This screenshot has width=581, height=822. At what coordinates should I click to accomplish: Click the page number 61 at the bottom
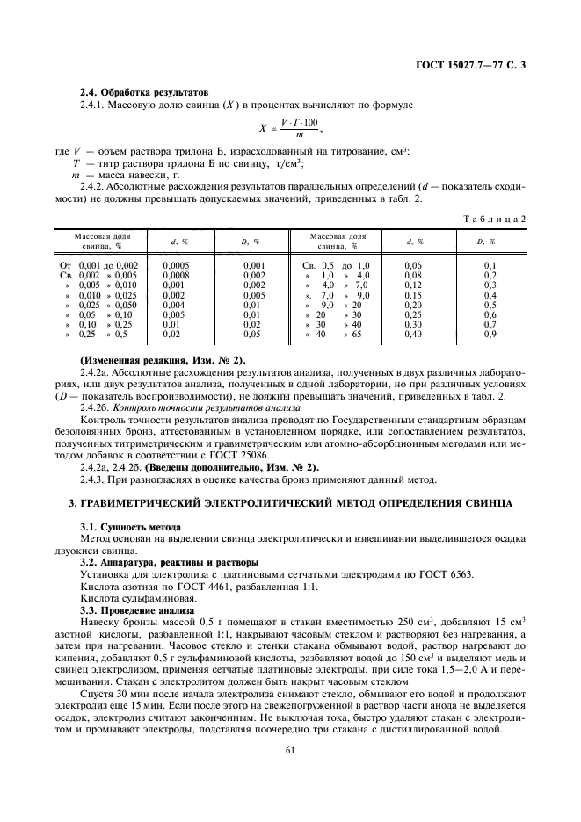coord(290,750)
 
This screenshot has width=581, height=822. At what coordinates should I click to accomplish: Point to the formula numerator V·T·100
coord(301,121)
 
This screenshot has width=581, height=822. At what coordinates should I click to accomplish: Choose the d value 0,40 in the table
coord(413,334)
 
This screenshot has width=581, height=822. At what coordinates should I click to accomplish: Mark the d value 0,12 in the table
coord(413,285)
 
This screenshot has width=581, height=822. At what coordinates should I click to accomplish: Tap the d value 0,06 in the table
coord(413,264)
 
